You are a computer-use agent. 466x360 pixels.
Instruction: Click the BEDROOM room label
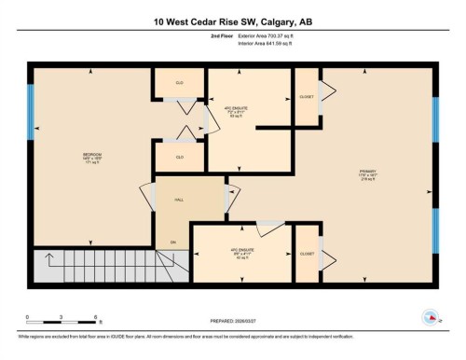pos(90,156)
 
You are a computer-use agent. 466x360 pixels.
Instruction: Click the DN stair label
pos(172,243)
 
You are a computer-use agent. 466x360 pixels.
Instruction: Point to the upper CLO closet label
pos(179,84)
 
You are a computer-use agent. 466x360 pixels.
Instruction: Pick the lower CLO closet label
pos(179,157)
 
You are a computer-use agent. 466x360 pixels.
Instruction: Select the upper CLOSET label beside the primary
pos(306,97)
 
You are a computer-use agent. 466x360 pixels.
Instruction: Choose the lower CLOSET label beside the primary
pos(306,254)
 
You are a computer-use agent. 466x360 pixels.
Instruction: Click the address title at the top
pos(233,21)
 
